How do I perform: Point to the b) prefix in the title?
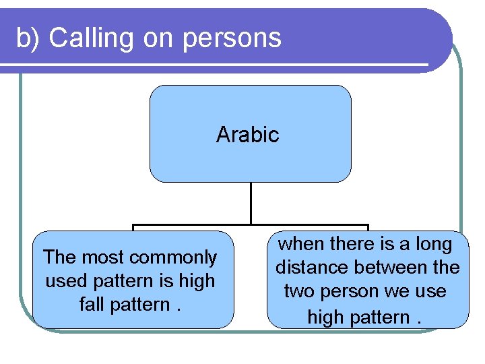tap(29, 38)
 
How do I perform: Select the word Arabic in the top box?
tap(247, 135)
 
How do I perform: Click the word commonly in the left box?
tap(173, 257)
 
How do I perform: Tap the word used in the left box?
tap(62, 280)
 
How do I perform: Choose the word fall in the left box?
tap(92, 304)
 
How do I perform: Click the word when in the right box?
tap(300, 244)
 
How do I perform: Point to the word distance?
tap(315, 268)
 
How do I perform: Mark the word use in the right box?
tap(432, 291)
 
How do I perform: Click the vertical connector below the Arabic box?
tap(250, 203)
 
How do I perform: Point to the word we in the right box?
tap(401, 291)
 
